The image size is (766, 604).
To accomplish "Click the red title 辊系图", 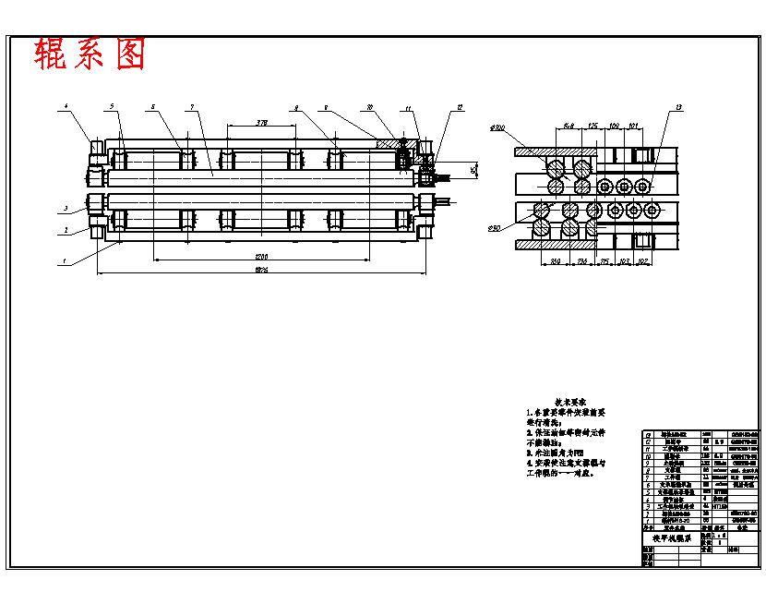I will coord(90,54).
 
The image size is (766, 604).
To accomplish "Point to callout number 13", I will coord(678,108).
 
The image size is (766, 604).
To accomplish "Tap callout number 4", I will coord(66,108).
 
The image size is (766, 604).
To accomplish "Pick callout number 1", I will coord(65,262).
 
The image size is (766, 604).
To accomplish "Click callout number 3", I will coord(66,209).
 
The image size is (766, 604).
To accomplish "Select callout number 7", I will coord(191,108).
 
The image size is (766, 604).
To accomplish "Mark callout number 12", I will coord(459,108).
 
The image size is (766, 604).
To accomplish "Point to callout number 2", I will coord(66,228).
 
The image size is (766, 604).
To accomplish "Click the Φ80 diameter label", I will coord(496,226).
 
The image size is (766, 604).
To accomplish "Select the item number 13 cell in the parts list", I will coord(647,433).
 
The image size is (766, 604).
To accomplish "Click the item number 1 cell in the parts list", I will coord(647,520).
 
